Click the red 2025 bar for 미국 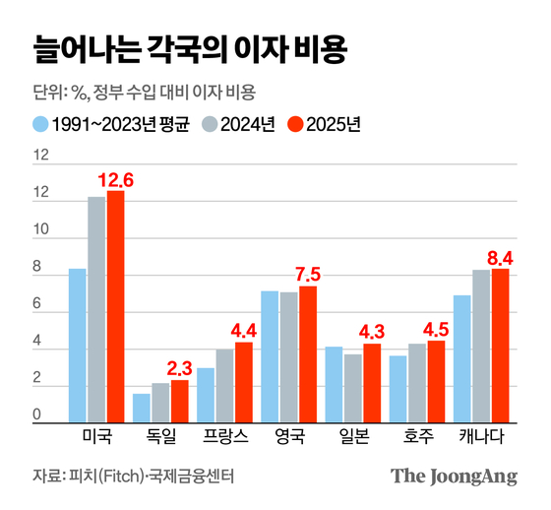pos(116,307)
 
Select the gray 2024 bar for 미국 pos(96,310)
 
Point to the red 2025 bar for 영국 pos(308,354)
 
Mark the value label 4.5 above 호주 pos(436,330)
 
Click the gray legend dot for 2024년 pos(210,125)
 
